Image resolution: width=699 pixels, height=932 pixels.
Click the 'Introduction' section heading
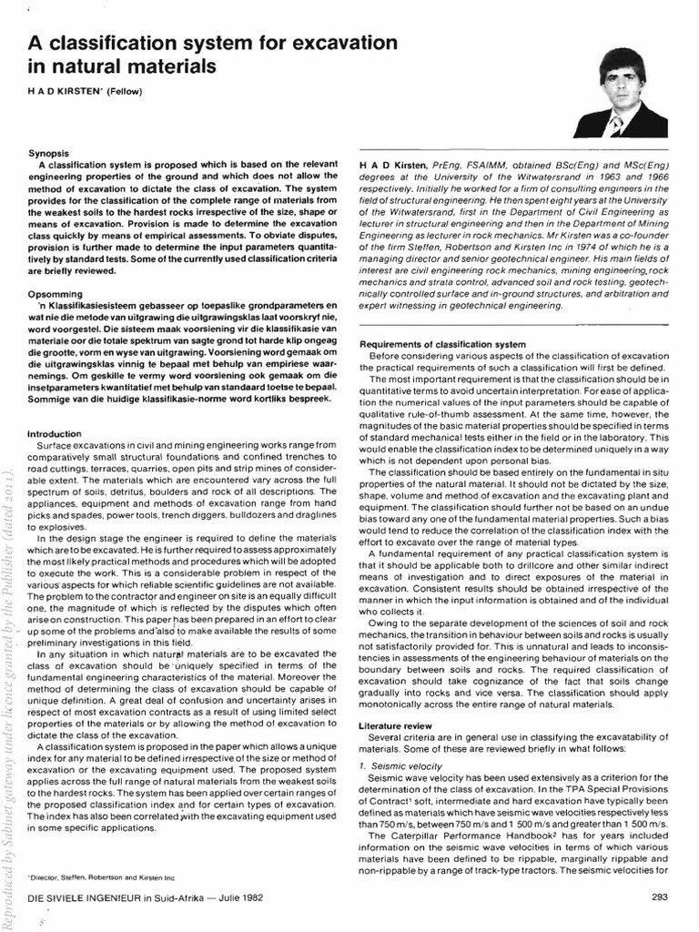[x=58, y=434]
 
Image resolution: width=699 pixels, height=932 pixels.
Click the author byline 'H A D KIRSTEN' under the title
[x=69, y=90]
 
